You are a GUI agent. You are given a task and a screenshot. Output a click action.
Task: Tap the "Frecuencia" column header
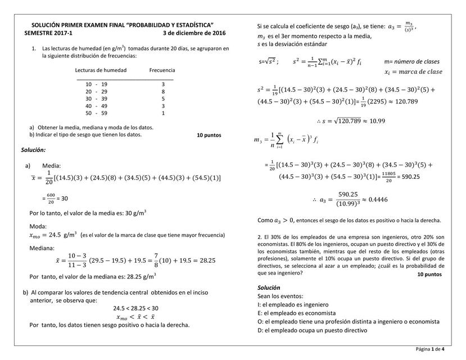pyautogui.click(x=162, y=70)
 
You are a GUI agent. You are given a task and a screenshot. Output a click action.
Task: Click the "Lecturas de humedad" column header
pyautogui.click(x=101, y=70)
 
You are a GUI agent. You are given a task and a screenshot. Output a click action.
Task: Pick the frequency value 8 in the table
pyautogui.click(x=163, y=91)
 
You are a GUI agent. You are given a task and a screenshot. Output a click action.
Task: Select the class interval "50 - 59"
pyautogui.click(x=96, y=113)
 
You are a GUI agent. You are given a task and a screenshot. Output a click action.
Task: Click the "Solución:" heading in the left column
pyautogui.click(x=33, y=150)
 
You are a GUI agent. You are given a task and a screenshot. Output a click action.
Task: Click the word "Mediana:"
pyautogui.click(x=42, y=248)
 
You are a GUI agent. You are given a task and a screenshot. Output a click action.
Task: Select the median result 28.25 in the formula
pyautogui.click(x=208, y=261)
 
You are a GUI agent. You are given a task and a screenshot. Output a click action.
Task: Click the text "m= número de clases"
pyautogui.click(x=412, y=61)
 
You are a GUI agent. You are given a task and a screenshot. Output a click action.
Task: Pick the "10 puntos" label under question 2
pyautogui.click(x=429, y=274)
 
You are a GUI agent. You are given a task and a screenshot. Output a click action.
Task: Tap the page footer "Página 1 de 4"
pyautogui.click(x=430, y=349)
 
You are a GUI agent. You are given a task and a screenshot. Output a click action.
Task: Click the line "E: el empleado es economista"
pyautogui.click(x=296, y=313)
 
